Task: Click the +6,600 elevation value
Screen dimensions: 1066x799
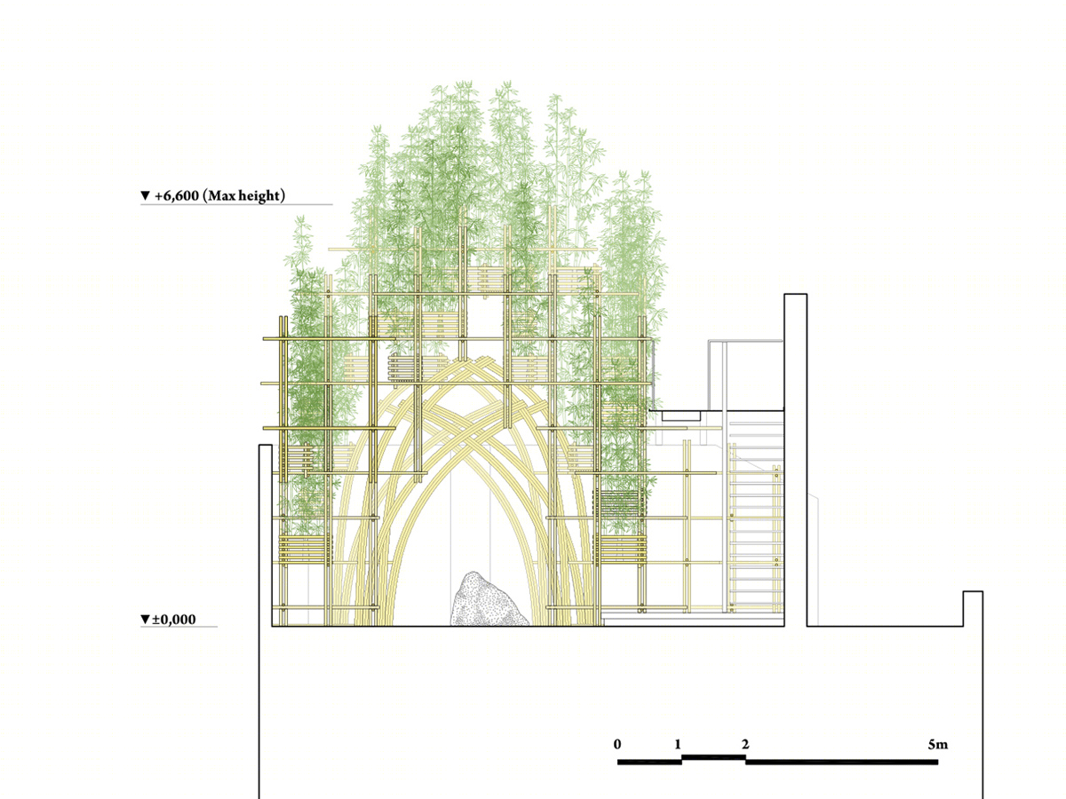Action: click(176, 196)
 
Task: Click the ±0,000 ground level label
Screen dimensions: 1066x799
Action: click(174, 620)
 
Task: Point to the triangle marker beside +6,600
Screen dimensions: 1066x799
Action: click(145, 195)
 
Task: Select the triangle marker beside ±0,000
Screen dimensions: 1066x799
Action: click(145, 620)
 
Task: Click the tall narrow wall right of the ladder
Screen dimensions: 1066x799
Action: click(795, 460)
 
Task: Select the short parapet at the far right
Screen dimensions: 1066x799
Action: click(973, 609)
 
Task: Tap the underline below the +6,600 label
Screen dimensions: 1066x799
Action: click(236, 205)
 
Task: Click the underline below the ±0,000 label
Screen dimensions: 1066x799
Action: click(179, 627)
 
